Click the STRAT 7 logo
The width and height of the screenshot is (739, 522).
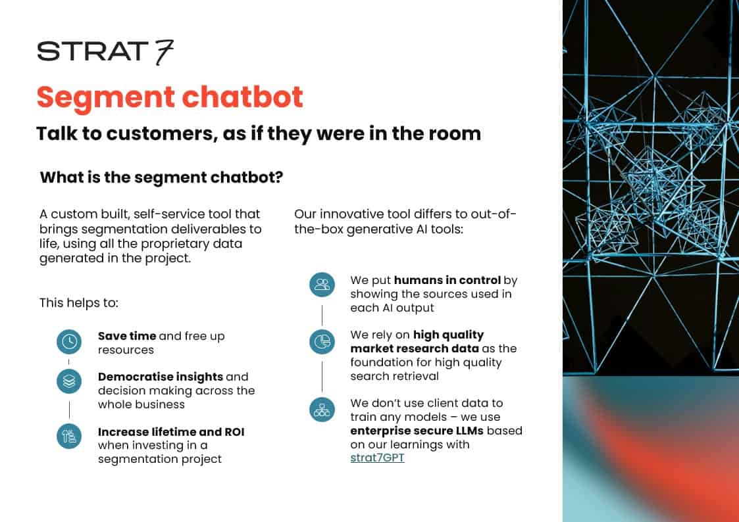[x=105, y=51]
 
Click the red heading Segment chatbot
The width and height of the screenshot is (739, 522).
[x=170, y=97]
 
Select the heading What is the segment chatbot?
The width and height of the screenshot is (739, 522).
[x=161, y=178]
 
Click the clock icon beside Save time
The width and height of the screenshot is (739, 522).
[x=69, y=341]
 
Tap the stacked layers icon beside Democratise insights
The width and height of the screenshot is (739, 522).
[x=69, y=381]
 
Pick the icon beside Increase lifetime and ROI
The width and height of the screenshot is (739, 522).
[x=69, y=436]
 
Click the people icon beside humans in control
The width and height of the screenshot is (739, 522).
[x=322, y=285]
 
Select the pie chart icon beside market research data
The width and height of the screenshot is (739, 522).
[x=322, y=341]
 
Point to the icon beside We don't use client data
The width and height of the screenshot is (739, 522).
[x=322, y=410]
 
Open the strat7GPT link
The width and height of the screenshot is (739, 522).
[x=377, y=458]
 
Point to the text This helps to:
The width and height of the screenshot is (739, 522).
[x=78, y=303]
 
